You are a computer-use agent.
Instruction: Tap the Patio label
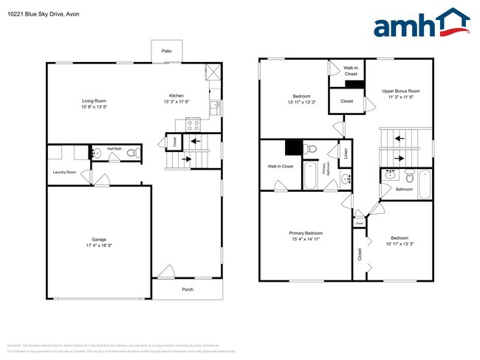[167, 51]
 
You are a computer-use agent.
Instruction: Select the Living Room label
[94, 100]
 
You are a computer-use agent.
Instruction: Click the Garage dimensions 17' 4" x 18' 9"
[97, 246]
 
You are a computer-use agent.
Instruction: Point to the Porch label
[188, 289]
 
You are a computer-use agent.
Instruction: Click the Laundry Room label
[65, 173]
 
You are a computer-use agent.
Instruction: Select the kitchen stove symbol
[193, 124]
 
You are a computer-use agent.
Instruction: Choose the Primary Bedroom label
[306, 233]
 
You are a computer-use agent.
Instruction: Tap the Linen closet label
[345, 153]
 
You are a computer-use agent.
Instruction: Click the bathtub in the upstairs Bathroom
[424, 184]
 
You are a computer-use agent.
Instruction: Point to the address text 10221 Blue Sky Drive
[35, 13]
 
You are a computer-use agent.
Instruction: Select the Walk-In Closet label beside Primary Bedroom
[280, 166]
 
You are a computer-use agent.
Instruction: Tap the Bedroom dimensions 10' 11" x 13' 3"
[400, 243]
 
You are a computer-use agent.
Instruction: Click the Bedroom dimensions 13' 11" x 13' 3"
[301, 102]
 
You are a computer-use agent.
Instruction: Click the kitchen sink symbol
[216, 108]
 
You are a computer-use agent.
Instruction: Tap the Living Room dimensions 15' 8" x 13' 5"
[94, 106]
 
